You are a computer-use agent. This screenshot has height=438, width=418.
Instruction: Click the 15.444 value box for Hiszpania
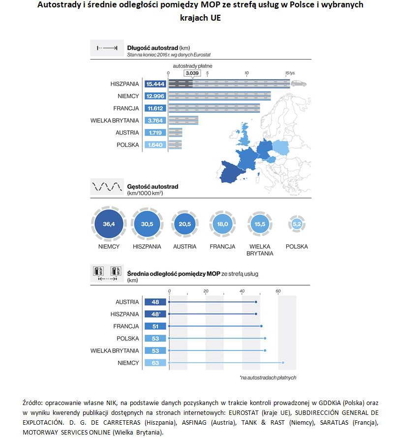click(155, 84)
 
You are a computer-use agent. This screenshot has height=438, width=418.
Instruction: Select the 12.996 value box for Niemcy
click(155, 96)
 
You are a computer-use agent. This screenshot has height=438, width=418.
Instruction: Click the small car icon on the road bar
click(299, 84)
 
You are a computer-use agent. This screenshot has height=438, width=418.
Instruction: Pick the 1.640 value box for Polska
click(155, 145)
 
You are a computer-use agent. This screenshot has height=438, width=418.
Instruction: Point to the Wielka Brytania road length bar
click(183, 120)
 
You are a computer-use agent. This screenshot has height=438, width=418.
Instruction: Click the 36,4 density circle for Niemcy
click(109, 224)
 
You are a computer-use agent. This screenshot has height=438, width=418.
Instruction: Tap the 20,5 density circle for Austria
click(184, 224)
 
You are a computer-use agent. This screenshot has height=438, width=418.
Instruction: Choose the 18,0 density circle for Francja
click(222, 224)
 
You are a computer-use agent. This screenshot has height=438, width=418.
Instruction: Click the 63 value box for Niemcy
click(155, 363)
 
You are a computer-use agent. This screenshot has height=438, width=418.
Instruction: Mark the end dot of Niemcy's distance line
click(283, 363)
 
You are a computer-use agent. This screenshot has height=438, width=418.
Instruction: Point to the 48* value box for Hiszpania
click(155, 314)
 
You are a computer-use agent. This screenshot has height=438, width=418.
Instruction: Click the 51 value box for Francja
click(155, 326)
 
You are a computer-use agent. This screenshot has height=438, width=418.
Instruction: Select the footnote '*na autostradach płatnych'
click(268, 378)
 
